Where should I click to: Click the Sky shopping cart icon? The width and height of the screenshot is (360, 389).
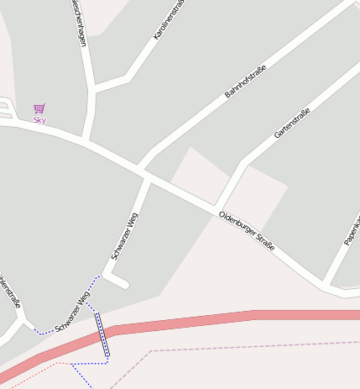click(39, 108)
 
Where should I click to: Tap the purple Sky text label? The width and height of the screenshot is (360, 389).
click(39, 120)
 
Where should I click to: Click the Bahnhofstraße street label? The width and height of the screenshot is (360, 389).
click(245, 81)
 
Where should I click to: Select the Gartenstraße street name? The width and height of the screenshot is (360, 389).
click(292, 124)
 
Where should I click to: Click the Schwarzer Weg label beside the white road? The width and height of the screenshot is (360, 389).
click(125, 235)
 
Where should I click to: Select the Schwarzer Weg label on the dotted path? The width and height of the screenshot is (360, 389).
click(72, 313)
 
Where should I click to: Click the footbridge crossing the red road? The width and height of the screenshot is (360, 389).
click(103, 334)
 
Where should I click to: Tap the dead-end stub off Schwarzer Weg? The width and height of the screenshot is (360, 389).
click(117, 280)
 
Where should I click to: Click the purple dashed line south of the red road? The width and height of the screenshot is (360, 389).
click(252, 345)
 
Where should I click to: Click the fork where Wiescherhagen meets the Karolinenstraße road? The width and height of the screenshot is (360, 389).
click(92, 87)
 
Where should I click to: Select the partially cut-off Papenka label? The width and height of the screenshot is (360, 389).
click(352, 231)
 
